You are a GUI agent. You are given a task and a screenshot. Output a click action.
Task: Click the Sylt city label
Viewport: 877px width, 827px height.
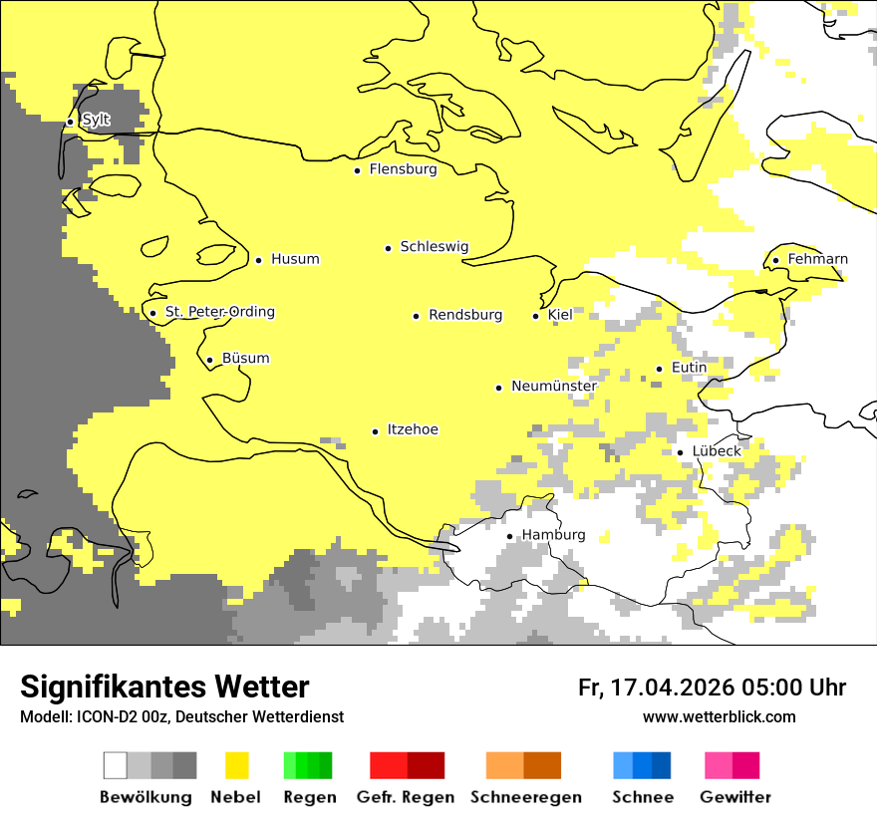tap(96, 121)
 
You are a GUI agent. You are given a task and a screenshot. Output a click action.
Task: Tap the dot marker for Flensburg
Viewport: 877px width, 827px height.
tap(358, 170)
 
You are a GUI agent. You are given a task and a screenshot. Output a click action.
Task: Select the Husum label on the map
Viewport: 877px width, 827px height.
tap(295, 259)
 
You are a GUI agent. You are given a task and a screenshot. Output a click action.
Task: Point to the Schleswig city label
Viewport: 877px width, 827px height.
tap(434, 247)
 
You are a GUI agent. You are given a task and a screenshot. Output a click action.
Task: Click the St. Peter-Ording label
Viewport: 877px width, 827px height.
tap(219, 312)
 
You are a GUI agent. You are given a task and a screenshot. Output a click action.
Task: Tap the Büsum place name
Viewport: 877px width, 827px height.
tap(245, 359)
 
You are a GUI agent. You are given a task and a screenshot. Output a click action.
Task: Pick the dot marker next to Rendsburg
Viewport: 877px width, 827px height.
tap(417, 316)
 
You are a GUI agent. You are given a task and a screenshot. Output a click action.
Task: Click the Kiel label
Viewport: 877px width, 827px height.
tap(560, 315)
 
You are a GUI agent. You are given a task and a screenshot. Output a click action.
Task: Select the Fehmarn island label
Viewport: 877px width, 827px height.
tap(817, 259)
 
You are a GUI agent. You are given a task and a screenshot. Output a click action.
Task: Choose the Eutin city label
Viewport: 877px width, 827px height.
tap(689, 368)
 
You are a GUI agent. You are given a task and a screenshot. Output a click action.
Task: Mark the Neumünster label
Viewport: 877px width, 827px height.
tap(554, 386)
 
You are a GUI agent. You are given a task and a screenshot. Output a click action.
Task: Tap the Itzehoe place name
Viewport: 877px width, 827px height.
tap(412, 429)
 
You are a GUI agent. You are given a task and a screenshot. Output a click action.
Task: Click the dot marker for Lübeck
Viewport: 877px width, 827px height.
tap(681, 452)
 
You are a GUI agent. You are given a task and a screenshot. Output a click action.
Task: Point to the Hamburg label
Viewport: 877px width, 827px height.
tap(553, 535)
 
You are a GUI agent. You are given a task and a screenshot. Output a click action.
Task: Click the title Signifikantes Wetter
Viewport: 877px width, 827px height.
tap(164, 687)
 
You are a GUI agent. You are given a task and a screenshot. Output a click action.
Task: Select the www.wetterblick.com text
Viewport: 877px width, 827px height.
tap(719, 716)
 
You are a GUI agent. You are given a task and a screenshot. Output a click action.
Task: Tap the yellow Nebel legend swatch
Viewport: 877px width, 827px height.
tap(237, 765)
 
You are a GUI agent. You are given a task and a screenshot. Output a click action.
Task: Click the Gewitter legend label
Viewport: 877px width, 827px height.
tap(734, 797)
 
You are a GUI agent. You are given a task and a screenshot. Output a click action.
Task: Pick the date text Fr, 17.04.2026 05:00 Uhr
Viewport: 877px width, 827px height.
tap(712, 688)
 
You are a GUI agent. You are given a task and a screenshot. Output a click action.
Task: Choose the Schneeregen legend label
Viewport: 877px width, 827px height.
tap(525, 797)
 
